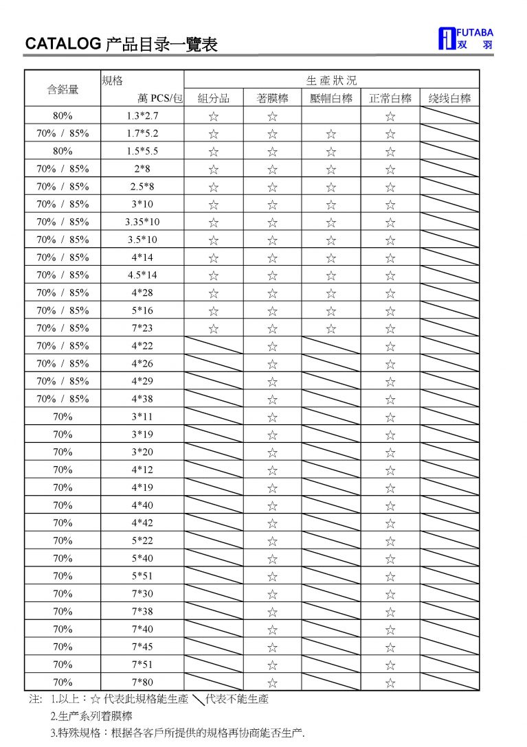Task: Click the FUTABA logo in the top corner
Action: [x=464, y=39]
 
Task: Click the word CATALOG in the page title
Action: [x=63, y=45]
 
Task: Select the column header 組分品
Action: [x=214, y=98]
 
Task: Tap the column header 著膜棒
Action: [x=272, y=98]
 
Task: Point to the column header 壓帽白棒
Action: [x=331, y=98]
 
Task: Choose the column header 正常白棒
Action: [x=390, y=98]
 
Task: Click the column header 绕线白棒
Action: [x=449, y=98]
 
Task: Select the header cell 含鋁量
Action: [x=63, y=89]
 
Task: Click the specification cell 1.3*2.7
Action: [x=143, y=116]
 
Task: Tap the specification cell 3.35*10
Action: [x=143, y=222]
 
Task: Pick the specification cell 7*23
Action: [x=143, y=328]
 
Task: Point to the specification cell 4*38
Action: [x=143, y=399]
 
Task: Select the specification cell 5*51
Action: [x=143, y=575]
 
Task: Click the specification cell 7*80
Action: [x=143, y=682]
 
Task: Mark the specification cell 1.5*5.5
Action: [x=143, y=151]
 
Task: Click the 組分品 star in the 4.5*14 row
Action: [x=214, y=276]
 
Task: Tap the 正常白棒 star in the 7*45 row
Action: [x=390, y=647]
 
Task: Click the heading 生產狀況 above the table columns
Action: [x=331, y=80]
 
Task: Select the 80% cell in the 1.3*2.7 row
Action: [x=63, y=116]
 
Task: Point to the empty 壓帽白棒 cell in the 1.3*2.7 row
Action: [x=331, y=116]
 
